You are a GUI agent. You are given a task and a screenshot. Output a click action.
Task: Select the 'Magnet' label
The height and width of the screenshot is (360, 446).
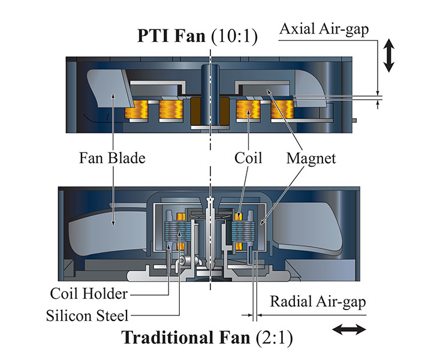pos(311,159)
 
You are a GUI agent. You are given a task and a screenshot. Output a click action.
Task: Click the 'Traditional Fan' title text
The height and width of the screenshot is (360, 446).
pos(186,337)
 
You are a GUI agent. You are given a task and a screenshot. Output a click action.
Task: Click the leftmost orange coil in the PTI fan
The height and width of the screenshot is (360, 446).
pos(135,109)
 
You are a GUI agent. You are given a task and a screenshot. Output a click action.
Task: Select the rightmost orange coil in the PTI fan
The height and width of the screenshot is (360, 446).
pos(282,109)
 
